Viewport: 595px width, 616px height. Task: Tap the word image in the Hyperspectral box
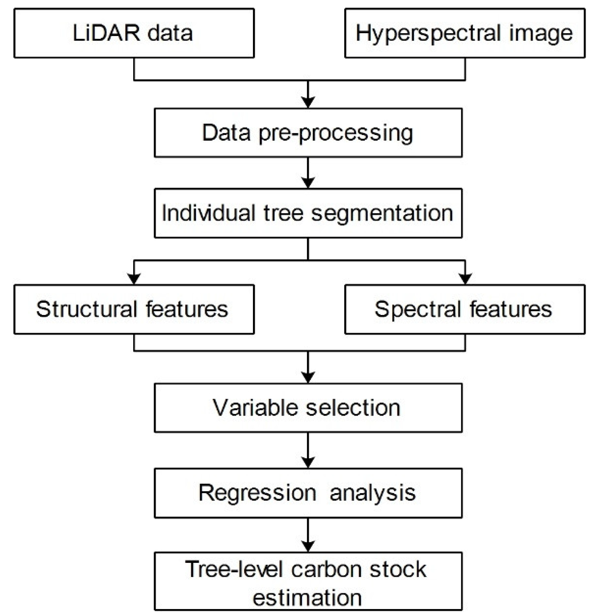541,34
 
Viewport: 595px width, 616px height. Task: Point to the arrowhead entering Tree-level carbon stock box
308,546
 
